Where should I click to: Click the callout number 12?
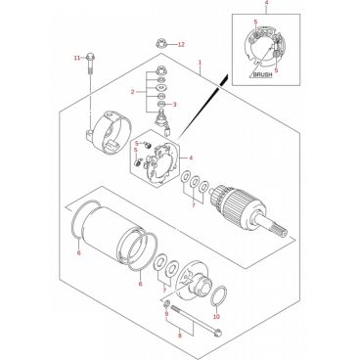point(181,44)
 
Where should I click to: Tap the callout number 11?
point(76,58)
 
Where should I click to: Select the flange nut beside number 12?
point(160,42)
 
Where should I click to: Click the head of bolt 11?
point(91,58)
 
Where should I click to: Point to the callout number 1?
point(201,63)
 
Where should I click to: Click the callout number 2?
point(133,92)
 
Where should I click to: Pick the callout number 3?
point(174,105)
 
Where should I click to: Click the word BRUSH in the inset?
point(262,74)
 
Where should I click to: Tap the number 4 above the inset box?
point(266,3)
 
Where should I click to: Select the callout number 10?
point(216,317)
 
